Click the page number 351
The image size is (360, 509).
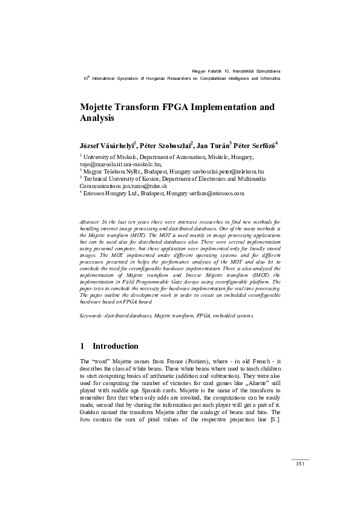[299, 464]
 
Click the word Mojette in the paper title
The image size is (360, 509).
[100, 107]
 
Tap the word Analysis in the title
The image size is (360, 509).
[97, 119]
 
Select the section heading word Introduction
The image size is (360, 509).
[115, 346]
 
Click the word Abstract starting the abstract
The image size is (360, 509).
[91, 223]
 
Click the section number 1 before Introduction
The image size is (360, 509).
[82, 346]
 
